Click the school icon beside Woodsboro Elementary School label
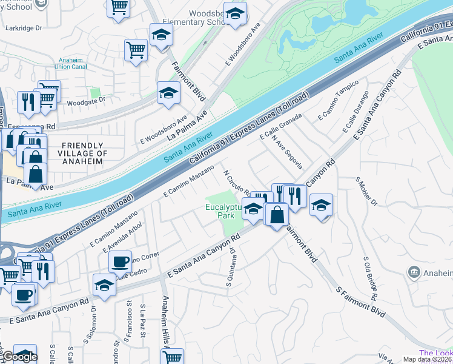[235, 13]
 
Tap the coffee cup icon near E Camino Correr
[120, 261]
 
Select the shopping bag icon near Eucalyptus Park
[276, 215]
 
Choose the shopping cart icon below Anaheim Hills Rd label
[173, 357]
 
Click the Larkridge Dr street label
[23, 28]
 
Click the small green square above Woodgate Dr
[95, 93]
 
